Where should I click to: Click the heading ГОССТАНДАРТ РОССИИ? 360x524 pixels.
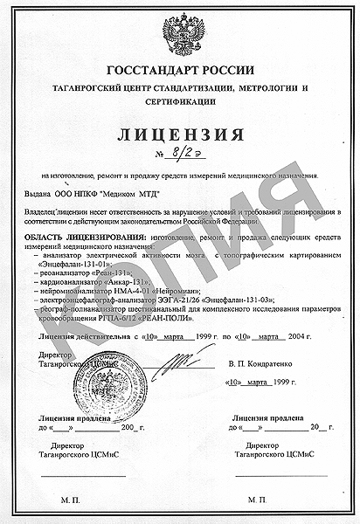181,70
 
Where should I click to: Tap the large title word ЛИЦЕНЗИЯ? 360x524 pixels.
181,136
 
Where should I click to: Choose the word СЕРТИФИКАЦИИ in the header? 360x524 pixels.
181,100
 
